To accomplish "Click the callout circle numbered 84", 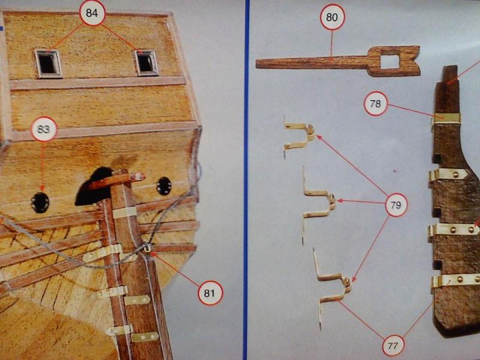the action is pos(92,13).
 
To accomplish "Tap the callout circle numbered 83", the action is pos(44,129).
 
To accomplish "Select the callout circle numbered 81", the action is pos(210,293).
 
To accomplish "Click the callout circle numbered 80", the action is pos(332,17).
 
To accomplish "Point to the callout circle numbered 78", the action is pos(376,104).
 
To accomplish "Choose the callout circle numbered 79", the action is pos(396,205).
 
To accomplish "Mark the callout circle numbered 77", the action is pos(393,345).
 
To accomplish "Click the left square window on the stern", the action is pos(49,64).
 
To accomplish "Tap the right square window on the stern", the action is pos(146,63).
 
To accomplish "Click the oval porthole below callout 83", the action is pos(40,203).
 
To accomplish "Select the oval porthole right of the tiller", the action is pos(164,186).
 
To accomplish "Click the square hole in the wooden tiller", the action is pos(389,61).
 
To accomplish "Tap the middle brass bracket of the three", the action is pos(319,203).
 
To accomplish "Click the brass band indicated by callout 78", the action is pos(446,118).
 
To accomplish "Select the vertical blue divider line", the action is pos(247,180).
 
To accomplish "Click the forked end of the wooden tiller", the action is pos(412,61).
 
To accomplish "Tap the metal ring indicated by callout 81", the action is pos(147,247).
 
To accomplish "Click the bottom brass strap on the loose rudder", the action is pos(455,281).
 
